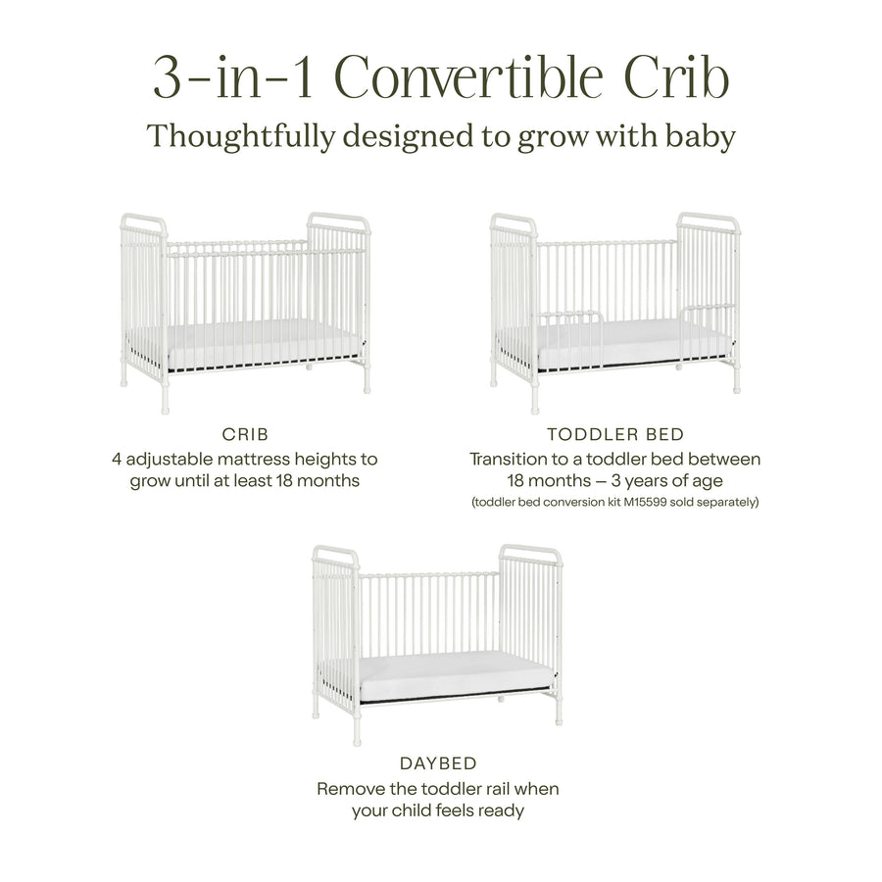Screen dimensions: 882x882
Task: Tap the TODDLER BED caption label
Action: coord(614,434)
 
